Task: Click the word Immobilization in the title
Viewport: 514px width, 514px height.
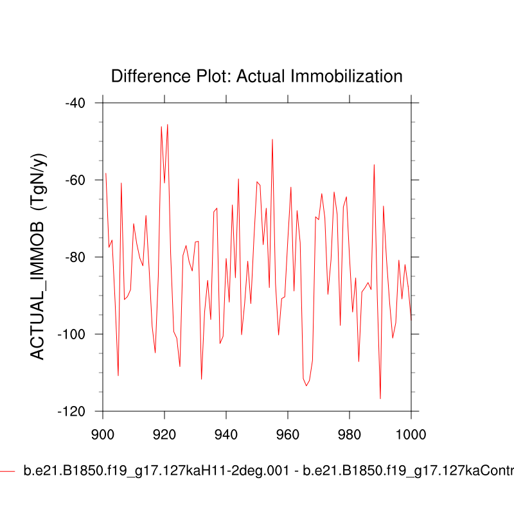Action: tap(347, 76)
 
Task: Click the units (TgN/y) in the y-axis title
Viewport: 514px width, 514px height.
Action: tap(39, 182)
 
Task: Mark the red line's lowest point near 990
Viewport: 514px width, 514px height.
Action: tap(380, 398)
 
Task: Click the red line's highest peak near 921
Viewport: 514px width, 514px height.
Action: tap(168, 125)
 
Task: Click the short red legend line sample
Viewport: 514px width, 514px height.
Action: tap(7, 472)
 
